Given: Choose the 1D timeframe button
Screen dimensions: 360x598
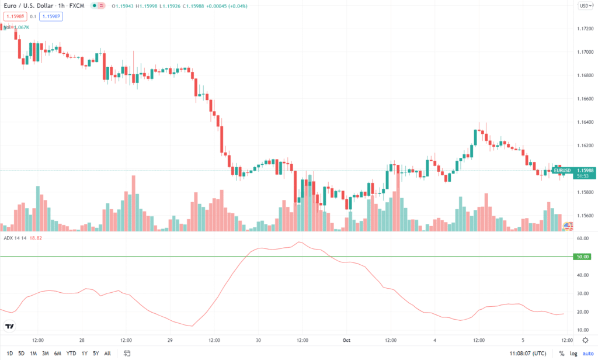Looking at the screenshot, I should (x=8, y=354).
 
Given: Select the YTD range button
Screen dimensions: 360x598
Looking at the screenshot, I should (x=71, y=354).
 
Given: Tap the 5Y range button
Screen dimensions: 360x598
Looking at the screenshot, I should (x=96, y=354).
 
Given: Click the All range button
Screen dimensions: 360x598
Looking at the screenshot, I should (x=107, y=354).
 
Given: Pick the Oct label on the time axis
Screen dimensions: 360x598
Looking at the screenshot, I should (x=346, y=340).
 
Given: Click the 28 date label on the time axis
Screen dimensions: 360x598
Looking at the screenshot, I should (x=82, y=340).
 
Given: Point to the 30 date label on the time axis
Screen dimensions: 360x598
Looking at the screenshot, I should (x=258, y=340).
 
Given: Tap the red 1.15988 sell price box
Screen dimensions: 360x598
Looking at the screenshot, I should (x=15, y=16).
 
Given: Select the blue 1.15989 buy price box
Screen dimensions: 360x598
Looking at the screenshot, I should (x=51, y=16).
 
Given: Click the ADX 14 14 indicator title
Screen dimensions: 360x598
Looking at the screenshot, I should (x=14, y=238).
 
